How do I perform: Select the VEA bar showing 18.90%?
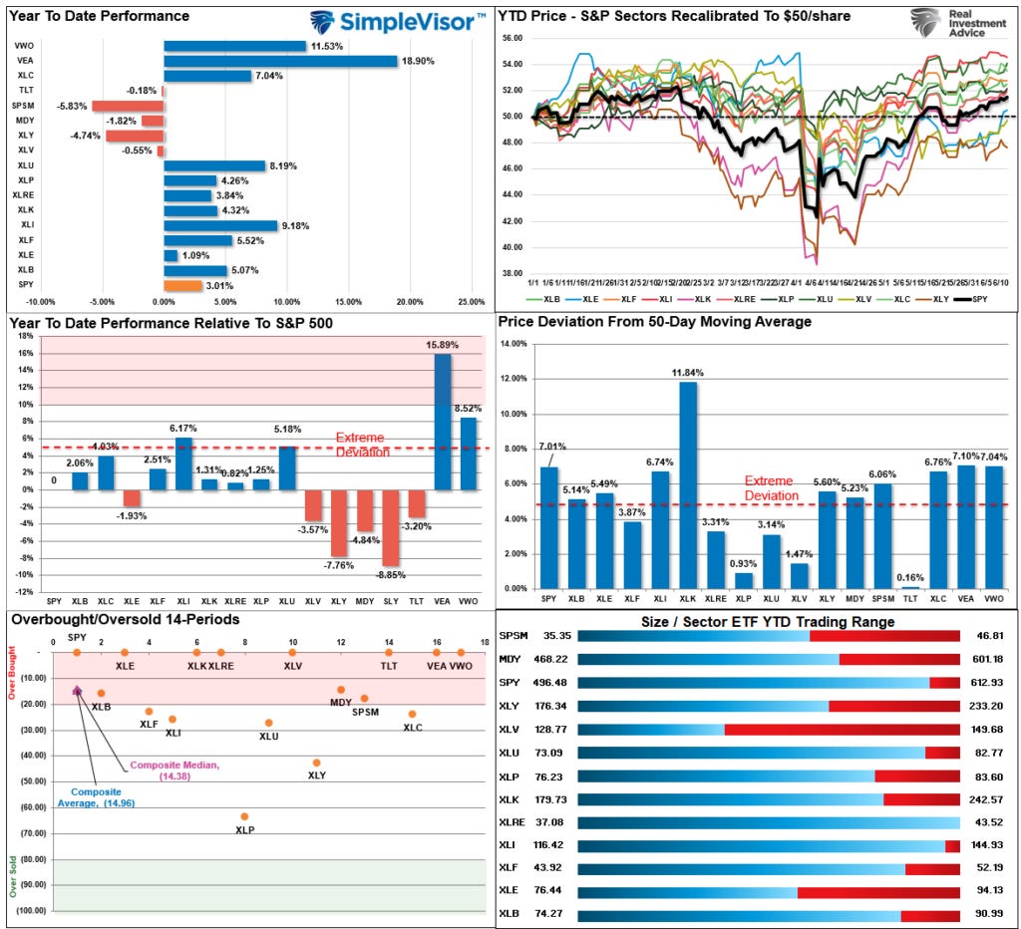point(280,61)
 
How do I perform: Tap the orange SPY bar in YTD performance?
point(182,286)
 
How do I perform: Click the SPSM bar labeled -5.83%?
point(128,106)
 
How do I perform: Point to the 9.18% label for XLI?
point(295,225)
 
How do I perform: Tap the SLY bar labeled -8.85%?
point(391,527)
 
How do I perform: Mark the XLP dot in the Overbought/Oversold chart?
point(244,816)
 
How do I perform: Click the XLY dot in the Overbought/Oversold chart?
point(316,763)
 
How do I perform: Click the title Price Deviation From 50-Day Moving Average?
point(654,322)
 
